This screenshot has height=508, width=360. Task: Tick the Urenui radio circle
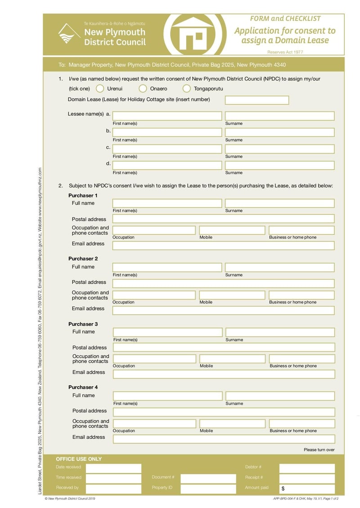pos(100,89)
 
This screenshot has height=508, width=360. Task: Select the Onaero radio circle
pos(143,89)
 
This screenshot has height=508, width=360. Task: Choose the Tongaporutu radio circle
pos(186,89)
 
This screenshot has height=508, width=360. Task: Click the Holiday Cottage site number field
pos(256,100)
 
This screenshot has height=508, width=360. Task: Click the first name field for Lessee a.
pos(167,116)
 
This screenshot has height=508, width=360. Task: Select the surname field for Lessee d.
pos(279,165)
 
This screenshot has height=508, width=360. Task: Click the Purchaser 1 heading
pos(83,196)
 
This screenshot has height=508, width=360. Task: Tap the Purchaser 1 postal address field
pos(223,219)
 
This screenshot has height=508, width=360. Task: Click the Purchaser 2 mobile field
pos(232,295)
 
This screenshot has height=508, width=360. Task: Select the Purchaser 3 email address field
pos(224,374)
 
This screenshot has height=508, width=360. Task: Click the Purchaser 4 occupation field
pos(154,423)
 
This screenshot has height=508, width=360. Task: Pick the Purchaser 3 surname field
pos(280,332)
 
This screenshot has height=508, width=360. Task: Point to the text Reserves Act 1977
pos(285,53)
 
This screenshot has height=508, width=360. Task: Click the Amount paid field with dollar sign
pos(307,489)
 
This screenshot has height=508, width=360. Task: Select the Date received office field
pos(113,468)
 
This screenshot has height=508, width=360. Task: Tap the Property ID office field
pos(208,489)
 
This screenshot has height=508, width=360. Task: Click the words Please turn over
pos(319,450)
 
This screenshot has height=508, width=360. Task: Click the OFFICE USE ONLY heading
pos(79,459)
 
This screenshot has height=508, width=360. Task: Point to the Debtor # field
pos(307,468)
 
